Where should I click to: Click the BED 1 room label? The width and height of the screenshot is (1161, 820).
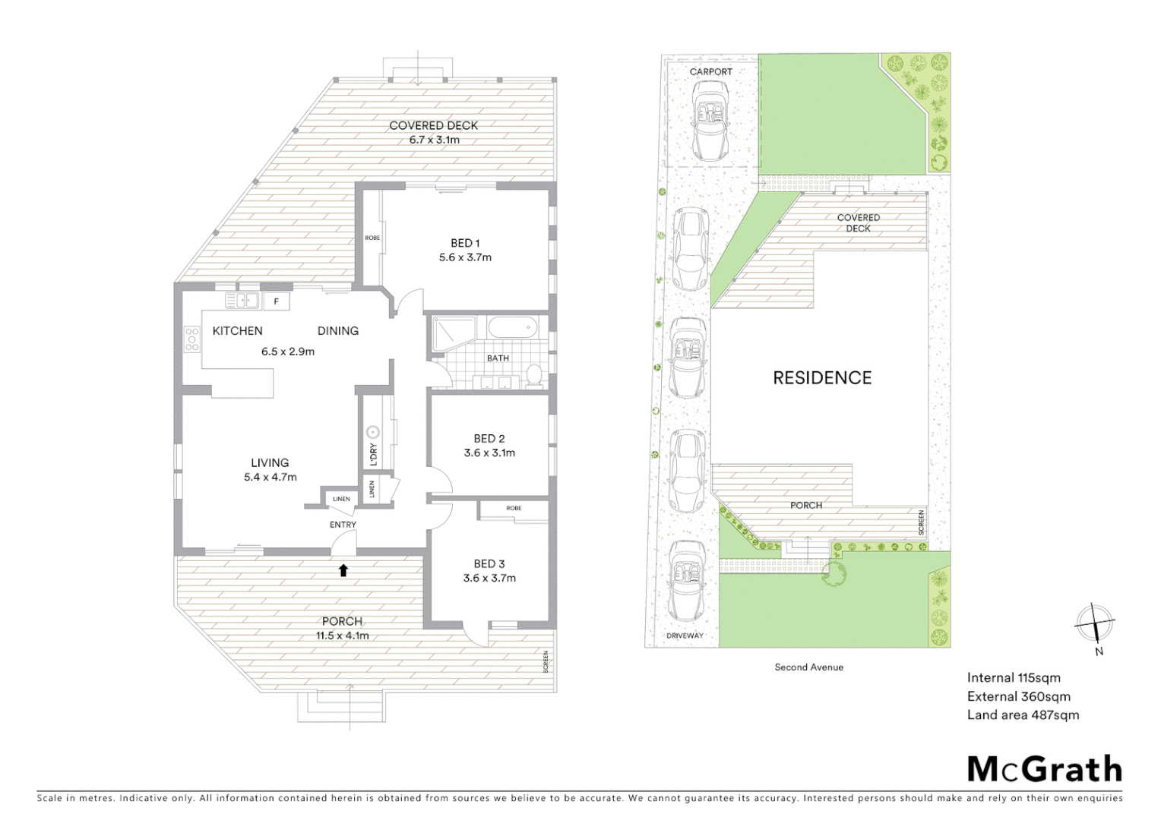coord(465,243)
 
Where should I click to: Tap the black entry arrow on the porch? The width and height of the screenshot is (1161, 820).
coord(343,570)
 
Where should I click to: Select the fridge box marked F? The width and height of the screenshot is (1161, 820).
coord(277,301)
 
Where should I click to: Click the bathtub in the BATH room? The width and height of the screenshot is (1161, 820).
coord(512,330)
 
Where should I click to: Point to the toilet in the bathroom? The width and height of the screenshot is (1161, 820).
coord(534,375)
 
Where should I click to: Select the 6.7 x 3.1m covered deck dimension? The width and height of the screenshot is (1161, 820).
coord(434,140)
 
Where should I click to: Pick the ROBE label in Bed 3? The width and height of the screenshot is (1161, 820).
coord(514,508)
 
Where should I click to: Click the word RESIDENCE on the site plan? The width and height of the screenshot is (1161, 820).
coord(822,377)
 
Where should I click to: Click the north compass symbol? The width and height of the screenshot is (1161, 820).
coord(1094,624)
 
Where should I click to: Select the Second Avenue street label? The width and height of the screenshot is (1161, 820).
coord(808,667)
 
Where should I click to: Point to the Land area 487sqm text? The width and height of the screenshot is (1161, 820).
coord(1023,714)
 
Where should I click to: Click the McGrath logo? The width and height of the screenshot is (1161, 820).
coord(1044,769)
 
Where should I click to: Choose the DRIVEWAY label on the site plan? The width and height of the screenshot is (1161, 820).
coord(685,635)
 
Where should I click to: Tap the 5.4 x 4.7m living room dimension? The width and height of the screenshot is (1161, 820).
coord(270,478)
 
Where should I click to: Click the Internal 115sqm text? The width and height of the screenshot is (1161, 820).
coord(1014,678)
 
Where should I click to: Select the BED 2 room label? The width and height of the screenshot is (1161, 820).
coord(489,439)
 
